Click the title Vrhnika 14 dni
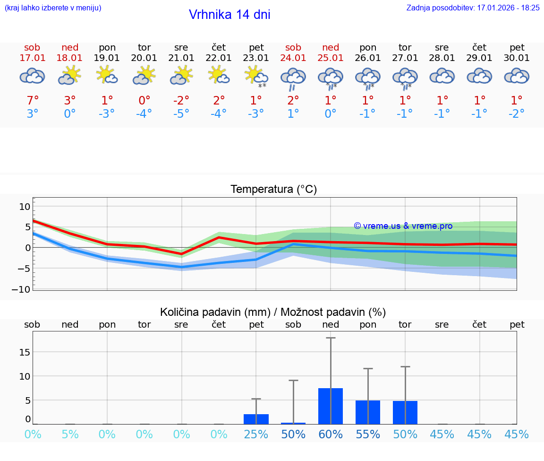[x=229, y=15]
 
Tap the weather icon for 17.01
[x=32, y=77]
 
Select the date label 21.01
[x=181, y=58]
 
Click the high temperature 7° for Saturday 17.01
[x=32, y=100]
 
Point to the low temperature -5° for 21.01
[x=181, y=113]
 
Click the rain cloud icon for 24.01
[x=293, y=78]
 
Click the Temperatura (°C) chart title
[x=273, y=190]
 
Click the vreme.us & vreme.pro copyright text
[x=403, y=226]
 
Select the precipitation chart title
[x=273, y=312]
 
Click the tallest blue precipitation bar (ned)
[x=331, y=406]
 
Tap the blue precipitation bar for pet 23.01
[x=256, y=419]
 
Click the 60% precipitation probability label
[x=331, y=434]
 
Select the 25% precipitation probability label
[x=256, y=434]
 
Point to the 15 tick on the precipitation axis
[x=25, y=352]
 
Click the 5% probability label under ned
[x=70, y=434]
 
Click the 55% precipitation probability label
[x=368, y=434]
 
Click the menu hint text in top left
[x=53, y=8]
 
